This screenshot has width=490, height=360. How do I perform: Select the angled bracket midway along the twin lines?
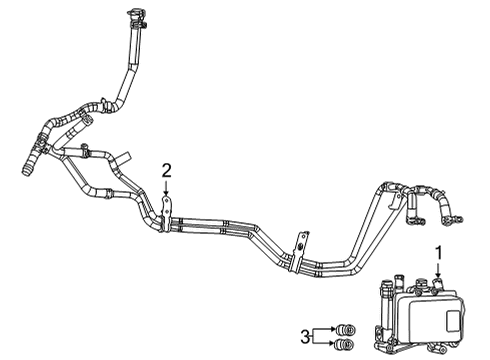pos(299,246)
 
